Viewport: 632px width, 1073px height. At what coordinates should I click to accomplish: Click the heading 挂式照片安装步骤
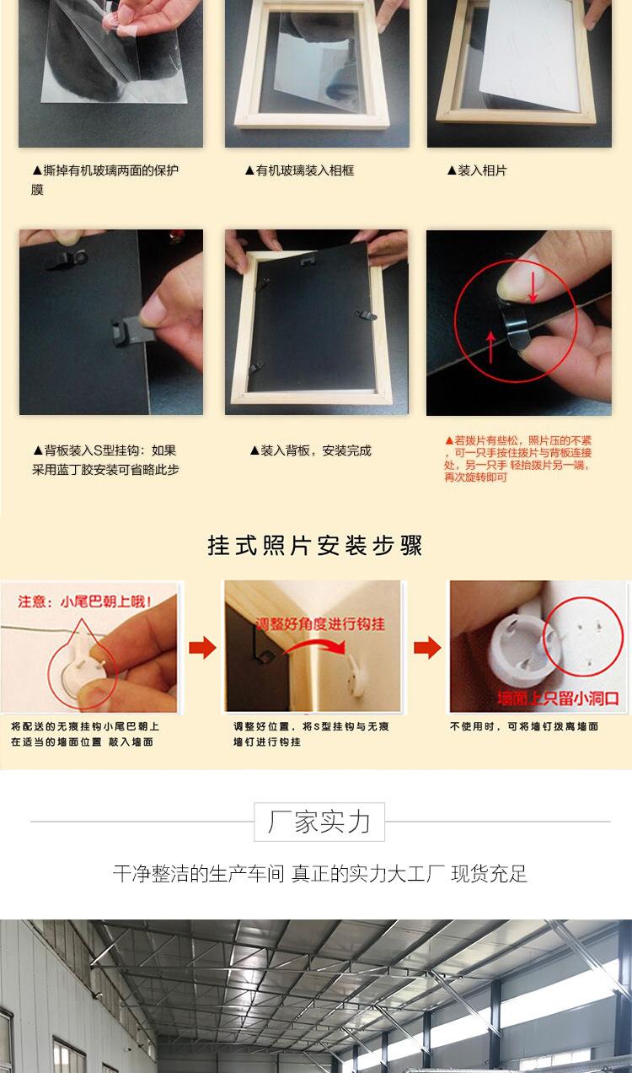[315, 546]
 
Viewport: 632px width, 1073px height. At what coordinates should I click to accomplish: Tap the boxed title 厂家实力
[319, 822]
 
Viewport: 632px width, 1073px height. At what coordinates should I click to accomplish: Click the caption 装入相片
[477, 170]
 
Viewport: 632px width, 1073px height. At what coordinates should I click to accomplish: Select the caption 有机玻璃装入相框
[299, 170]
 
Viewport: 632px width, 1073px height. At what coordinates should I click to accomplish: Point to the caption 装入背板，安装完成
[310, 450]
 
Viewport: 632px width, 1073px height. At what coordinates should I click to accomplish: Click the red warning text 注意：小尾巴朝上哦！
[85, 601]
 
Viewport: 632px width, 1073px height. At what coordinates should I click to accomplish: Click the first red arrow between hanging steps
[202, 648]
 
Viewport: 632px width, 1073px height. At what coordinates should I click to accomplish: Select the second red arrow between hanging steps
[427, 648]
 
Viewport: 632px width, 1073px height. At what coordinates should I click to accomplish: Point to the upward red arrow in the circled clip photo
[490, 346]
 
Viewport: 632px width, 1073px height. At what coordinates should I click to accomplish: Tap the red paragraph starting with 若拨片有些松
[518, 458]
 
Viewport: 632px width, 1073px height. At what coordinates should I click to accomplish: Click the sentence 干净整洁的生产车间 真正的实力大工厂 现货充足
[319, 874]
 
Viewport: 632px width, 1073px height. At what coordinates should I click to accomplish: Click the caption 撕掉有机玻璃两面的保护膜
[105, 180]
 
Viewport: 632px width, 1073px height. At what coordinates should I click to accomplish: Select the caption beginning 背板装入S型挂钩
[105, 460]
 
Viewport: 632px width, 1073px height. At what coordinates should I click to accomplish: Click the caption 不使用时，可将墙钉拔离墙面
[523, 726]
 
